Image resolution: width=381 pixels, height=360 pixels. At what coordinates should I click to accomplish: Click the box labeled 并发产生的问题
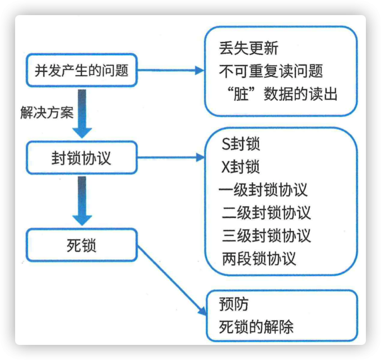click(81, 71)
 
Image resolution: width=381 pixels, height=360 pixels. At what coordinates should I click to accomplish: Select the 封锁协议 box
click(81, 158)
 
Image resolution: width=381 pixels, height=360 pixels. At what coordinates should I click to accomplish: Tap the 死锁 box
click(81, 245)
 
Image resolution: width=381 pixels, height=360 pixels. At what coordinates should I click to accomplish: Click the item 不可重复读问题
click(271, 71)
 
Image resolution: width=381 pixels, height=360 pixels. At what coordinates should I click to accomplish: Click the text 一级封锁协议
click(263, 190)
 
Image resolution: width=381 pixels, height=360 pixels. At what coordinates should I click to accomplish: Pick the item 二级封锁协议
click(266, 213)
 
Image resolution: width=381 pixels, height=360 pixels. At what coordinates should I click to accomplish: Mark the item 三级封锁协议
click(266, 235)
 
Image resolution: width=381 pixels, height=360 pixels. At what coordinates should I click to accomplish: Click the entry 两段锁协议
click(259, 258)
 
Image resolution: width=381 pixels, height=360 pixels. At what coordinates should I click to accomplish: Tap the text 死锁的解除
click(257, 327)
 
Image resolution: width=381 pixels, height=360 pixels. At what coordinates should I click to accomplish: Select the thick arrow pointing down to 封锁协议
click(82, 115)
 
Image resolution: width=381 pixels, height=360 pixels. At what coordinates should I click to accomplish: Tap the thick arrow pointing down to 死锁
click(82, 202)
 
